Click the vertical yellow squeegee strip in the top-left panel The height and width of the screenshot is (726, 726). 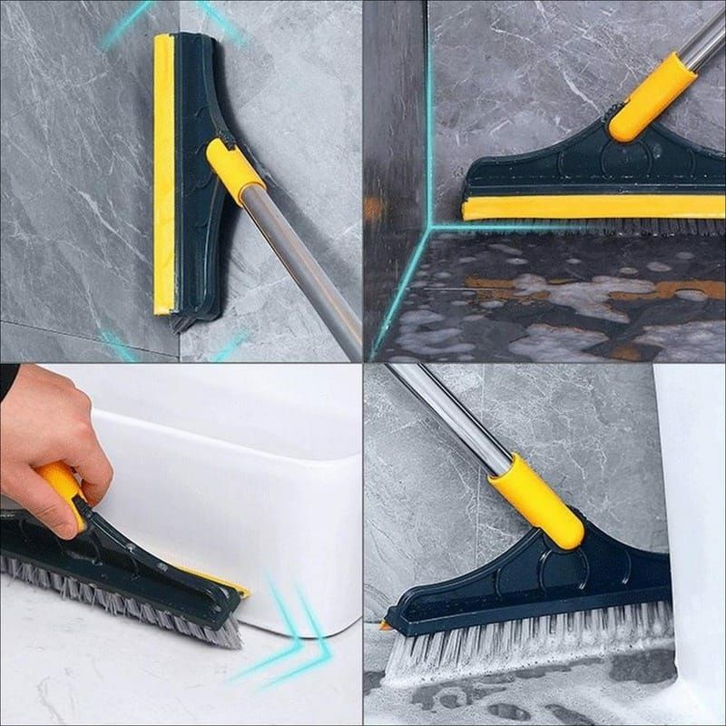point(163,172)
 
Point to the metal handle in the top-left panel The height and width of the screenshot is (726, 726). point(309,272)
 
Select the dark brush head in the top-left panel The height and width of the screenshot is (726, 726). point(195,109)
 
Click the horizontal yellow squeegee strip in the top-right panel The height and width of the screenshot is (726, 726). point(590,209)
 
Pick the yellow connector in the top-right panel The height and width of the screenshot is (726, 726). point(652,95)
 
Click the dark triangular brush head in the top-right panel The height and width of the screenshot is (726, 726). point(581,168)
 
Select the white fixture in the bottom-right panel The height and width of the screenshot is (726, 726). point(694,508)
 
